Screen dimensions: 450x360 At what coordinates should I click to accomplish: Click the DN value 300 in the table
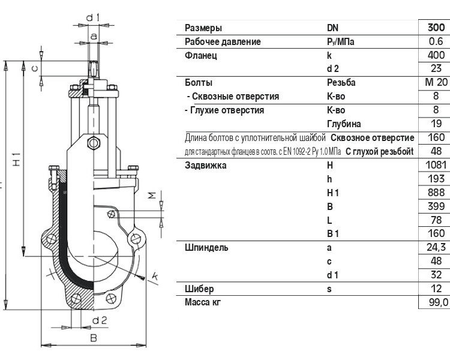pos(436,28)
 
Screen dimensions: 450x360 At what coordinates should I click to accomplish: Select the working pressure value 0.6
pos(436,41)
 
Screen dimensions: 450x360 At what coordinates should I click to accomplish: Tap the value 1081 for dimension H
pos(436,165)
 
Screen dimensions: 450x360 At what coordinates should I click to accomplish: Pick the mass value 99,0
pos(438,302)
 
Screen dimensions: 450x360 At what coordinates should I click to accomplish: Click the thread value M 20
pos(436,82)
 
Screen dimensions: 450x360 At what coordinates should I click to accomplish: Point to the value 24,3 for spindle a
pos(436,247)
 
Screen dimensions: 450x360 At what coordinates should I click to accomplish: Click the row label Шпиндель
pos(206,248)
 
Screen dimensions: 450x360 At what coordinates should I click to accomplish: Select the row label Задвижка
pos(205,166)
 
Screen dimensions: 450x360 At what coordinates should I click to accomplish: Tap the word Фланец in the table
pos(201,55)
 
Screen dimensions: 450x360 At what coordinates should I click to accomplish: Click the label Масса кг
pos(203,302)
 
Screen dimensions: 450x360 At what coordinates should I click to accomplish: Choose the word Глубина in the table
pos(344,124)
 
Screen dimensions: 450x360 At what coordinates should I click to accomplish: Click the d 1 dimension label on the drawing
pos(92,18)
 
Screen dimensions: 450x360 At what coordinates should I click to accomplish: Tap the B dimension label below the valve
pos(94,338)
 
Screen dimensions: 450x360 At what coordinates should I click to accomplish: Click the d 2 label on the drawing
pos(100,320)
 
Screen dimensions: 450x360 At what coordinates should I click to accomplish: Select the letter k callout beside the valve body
pos(155,276)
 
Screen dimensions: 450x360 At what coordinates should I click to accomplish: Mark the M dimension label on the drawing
pos(152,196)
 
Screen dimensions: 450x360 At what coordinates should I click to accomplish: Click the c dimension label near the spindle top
pos(34,68)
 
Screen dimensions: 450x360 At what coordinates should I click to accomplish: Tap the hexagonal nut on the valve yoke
pos(94,143)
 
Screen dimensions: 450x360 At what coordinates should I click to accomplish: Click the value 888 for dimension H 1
pos(436,193)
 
